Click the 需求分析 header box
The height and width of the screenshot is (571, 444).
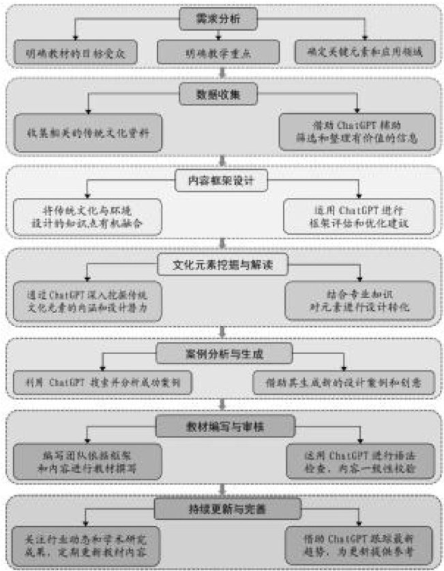click(220, 18)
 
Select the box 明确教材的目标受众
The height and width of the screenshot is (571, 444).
click(76, 51)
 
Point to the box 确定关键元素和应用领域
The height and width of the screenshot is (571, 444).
click(366, 51)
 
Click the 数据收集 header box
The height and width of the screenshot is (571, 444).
click(220, 93)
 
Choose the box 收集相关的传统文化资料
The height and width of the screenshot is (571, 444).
click(87, 130)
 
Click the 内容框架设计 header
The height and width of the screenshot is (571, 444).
click(220, 181)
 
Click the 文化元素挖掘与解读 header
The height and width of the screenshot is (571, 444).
click(220, 263)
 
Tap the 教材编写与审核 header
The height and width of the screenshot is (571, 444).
click(220, 426)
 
